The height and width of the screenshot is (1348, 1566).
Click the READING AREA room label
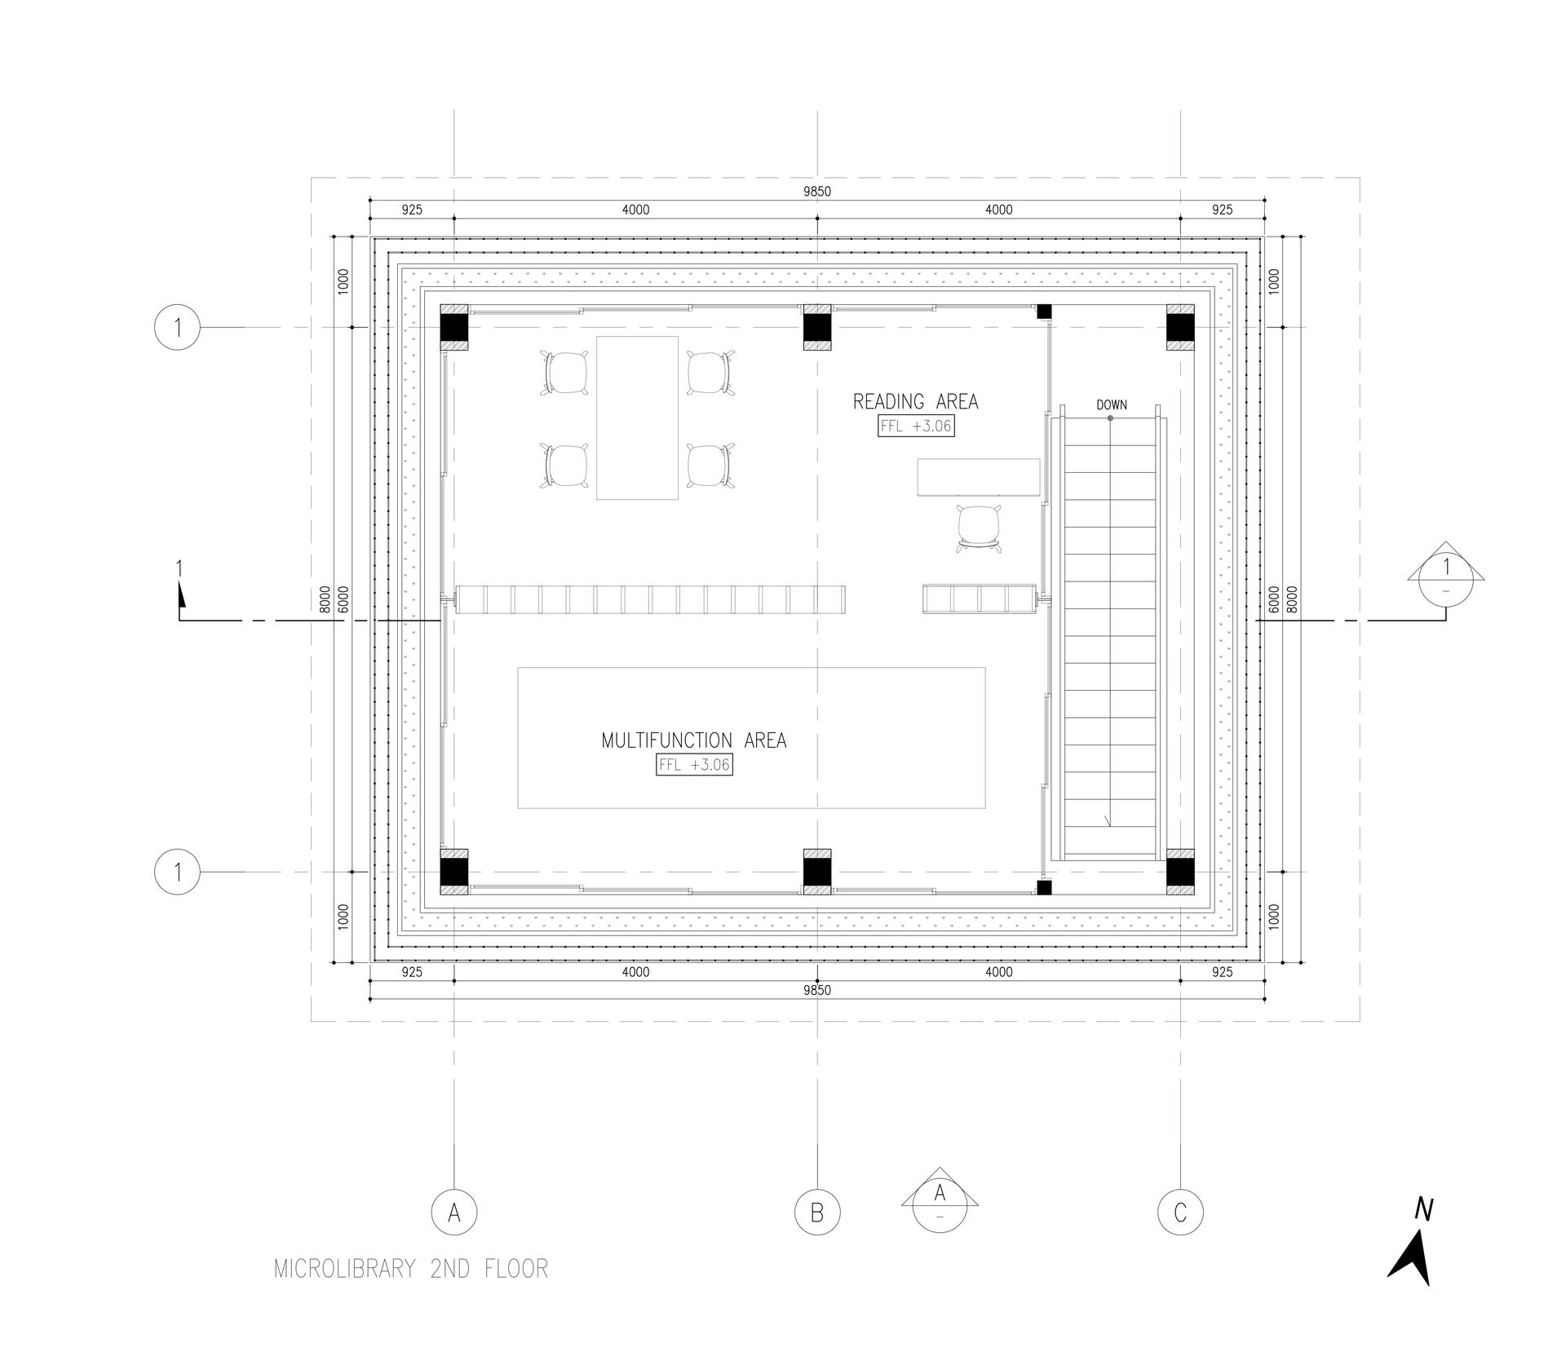point(915,401)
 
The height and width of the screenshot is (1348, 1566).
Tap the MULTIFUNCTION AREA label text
point(694,740)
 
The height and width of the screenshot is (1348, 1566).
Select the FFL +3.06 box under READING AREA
point(916,426)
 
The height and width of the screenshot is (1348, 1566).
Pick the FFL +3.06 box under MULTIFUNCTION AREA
point(694,765)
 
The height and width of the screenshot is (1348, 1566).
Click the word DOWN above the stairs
point(1111,404)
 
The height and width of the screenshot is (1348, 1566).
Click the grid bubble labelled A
point(454,1213)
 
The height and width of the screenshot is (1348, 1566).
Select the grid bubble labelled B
point(817,1213)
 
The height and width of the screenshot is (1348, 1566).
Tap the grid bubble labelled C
point(1180,1213)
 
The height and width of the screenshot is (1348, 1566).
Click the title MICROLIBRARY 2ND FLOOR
point(411,1269)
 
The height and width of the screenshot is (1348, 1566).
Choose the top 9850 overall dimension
point(817,192)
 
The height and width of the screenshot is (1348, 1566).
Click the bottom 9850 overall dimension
point(817,990)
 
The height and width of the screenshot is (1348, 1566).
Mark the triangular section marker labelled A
point(940,1200)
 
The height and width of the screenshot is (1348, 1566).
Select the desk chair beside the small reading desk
point(979,527)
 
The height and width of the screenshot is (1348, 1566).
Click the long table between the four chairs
point(637,418)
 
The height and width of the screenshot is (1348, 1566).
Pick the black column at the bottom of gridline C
point(1180,872)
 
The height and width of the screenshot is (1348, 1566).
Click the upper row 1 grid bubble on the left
point(177,328)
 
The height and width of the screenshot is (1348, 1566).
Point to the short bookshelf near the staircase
point(980,599)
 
